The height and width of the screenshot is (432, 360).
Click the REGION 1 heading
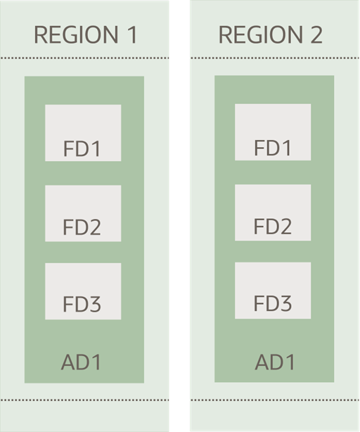tap(85, 35)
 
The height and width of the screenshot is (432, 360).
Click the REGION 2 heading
tap(271, 35)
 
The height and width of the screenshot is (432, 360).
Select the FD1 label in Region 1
tap(82, 148)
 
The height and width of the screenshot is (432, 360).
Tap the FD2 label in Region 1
tap(82, 227)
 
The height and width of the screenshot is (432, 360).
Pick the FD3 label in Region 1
tap(82, 305)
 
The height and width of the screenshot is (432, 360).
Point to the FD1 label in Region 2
tap(272, 148)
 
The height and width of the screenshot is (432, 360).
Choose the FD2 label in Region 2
tap(272, 227)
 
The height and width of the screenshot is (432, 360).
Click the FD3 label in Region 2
tap(272, 303)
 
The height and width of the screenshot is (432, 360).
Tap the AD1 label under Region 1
tap(82, 363)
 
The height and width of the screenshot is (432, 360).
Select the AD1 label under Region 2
tap(275, 362)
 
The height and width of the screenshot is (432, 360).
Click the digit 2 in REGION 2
tap(315, 35)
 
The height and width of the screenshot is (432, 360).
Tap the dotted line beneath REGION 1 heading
tap(84, 58)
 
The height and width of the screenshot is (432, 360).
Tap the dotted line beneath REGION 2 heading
tap(274, 58)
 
